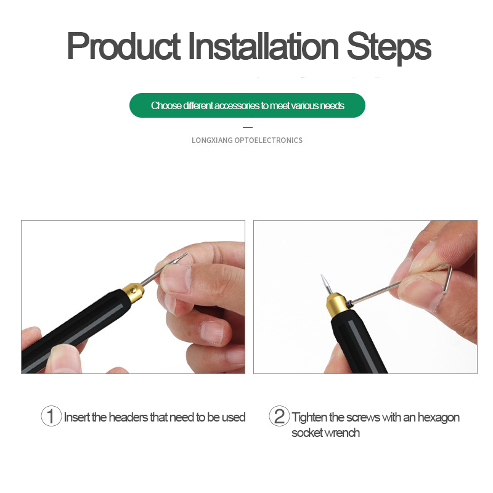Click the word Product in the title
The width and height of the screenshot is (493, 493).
[x=124, y=47]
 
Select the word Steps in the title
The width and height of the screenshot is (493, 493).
[x=389, y=48]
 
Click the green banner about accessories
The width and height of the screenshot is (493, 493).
[x=247, y=105]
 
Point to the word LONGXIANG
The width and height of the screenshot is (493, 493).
[x=212, y=141]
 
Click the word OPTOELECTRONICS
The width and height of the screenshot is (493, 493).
[x=269, y=141]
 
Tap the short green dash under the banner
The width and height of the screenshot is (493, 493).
[x=248, y=128]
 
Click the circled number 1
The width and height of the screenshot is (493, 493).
[x=51, y=416]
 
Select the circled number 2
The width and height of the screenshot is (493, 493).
[x=279, y=416]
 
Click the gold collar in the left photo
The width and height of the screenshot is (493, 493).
[x=133, y=292]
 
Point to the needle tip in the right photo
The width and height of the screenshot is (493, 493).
[x=321, y=275]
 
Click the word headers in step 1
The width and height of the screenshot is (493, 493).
[x=128, y=417]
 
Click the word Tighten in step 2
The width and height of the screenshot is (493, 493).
[x=309, y=418]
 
